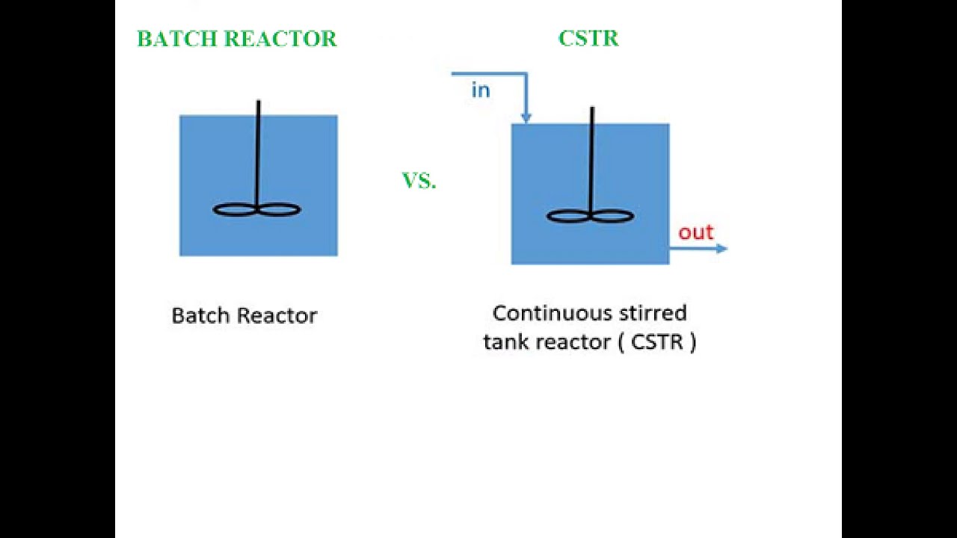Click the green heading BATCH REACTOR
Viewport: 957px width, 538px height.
coord(236,40)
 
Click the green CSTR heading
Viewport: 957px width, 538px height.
coord(588,39)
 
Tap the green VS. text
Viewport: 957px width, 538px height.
coord(419,181)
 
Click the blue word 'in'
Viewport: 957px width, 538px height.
coord(481,90)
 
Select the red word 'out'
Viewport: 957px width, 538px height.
coord(695,232)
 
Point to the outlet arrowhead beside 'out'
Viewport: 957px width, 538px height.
coord(721,249)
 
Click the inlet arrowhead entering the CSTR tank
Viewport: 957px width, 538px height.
coord(526,117)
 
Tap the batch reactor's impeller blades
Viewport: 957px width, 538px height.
coord(257,210)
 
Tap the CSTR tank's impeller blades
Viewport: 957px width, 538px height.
coord(591,217)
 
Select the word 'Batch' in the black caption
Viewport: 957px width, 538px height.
coord(198,315)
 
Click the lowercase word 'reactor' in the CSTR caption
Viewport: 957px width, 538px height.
coord(572,342)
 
